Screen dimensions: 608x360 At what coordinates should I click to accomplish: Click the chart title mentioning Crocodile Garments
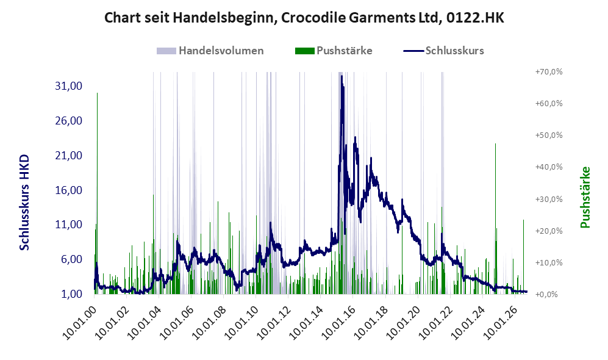point(304,18)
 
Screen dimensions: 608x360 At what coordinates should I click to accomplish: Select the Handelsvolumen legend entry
point(210,51)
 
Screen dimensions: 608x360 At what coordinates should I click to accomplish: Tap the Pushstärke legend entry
point(334,51)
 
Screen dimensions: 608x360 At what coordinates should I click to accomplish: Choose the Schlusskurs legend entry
point(443,51)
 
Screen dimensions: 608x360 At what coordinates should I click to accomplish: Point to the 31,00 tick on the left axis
point(69,86)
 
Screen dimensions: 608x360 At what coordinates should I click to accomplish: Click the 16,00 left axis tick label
point(69,190)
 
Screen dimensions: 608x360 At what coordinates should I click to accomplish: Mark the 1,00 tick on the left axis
point(72,294)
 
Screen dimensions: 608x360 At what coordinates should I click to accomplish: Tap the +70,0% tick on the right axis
point(549,72)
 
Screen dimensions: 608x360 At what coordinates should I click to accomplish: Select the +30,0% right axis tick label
point(549,199)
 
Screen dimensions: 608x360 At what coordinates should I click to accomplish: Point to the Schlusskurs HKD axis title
point(24,203)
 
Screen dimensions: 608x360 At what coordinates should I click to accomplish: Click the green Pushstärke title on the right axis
point(585,198)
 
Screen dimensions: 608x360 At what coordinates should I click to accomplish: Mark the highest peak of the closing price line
point(342,76)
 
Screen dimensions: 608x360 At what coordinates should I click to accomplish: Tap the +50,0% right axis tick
point(549,135)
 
